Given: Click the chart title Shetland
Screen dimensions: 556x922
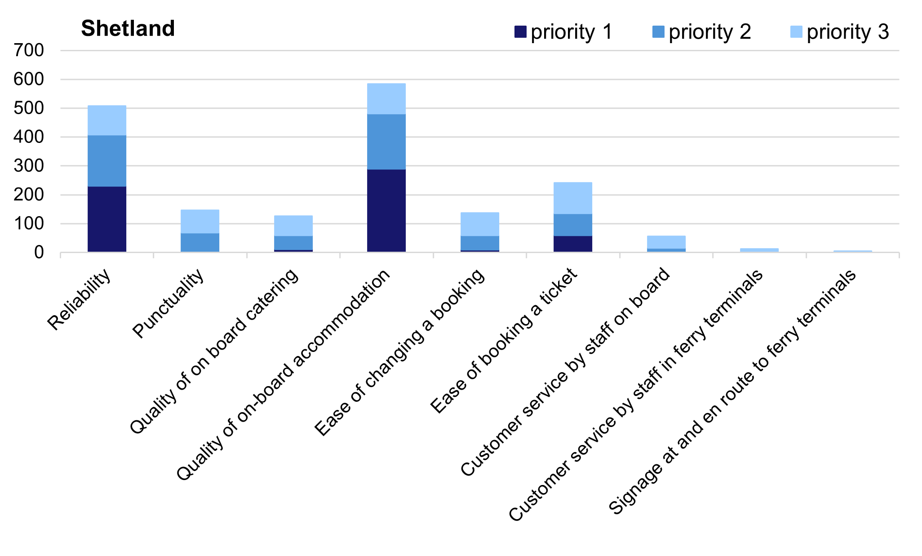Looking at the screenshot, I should click(x=128, y=29).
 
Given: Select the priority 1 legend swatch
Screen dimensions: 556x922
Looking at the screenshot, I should click(x=520, y=32).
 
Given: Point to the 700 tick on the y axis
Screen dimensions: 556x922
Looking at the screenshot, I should click(x=29, y=50).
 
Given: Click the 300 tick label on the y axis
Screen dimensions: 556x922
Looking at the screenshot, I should click(x=29, y=166).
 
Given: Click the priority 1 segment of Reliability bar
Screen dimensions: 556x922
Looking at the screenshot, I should click(x=107, y=219).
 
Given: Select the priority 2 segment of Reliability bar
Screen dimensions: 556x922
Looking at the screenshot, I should click(x=107, y=160).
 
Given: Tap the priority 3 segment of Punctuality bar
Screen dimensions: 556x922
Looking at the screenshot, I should click(x=200, y=221).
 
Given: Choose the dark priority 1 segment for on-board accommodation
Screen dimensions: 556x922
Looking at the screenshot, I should click(x=386, y=210).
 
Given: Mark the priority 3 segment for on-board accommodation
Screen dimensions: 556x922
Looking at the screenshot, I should click(x=386, y=98).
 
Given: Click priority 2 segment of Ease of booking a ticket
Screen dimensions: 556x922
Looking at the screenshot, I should click(x=573, y=225).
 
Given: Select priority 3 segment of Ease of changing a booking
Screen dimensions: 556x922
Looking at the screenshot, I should click(x=480, y=224).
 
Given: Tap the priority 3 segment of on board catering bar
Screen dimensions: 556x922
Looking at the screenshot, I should click(x=293, y=226).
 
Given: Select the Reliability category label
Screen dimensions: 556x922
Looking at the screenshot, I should click(x=79, y=300).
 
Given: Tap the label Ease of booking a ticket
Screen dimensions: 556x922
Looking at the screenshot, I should click(x=503, y=341).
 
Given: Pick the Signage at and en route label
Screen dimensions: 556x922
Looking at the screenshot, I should click(x=732, y=392).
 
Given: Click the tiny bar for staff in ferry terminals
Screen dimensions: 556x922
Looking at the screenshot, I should click(x=759, y=250).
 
